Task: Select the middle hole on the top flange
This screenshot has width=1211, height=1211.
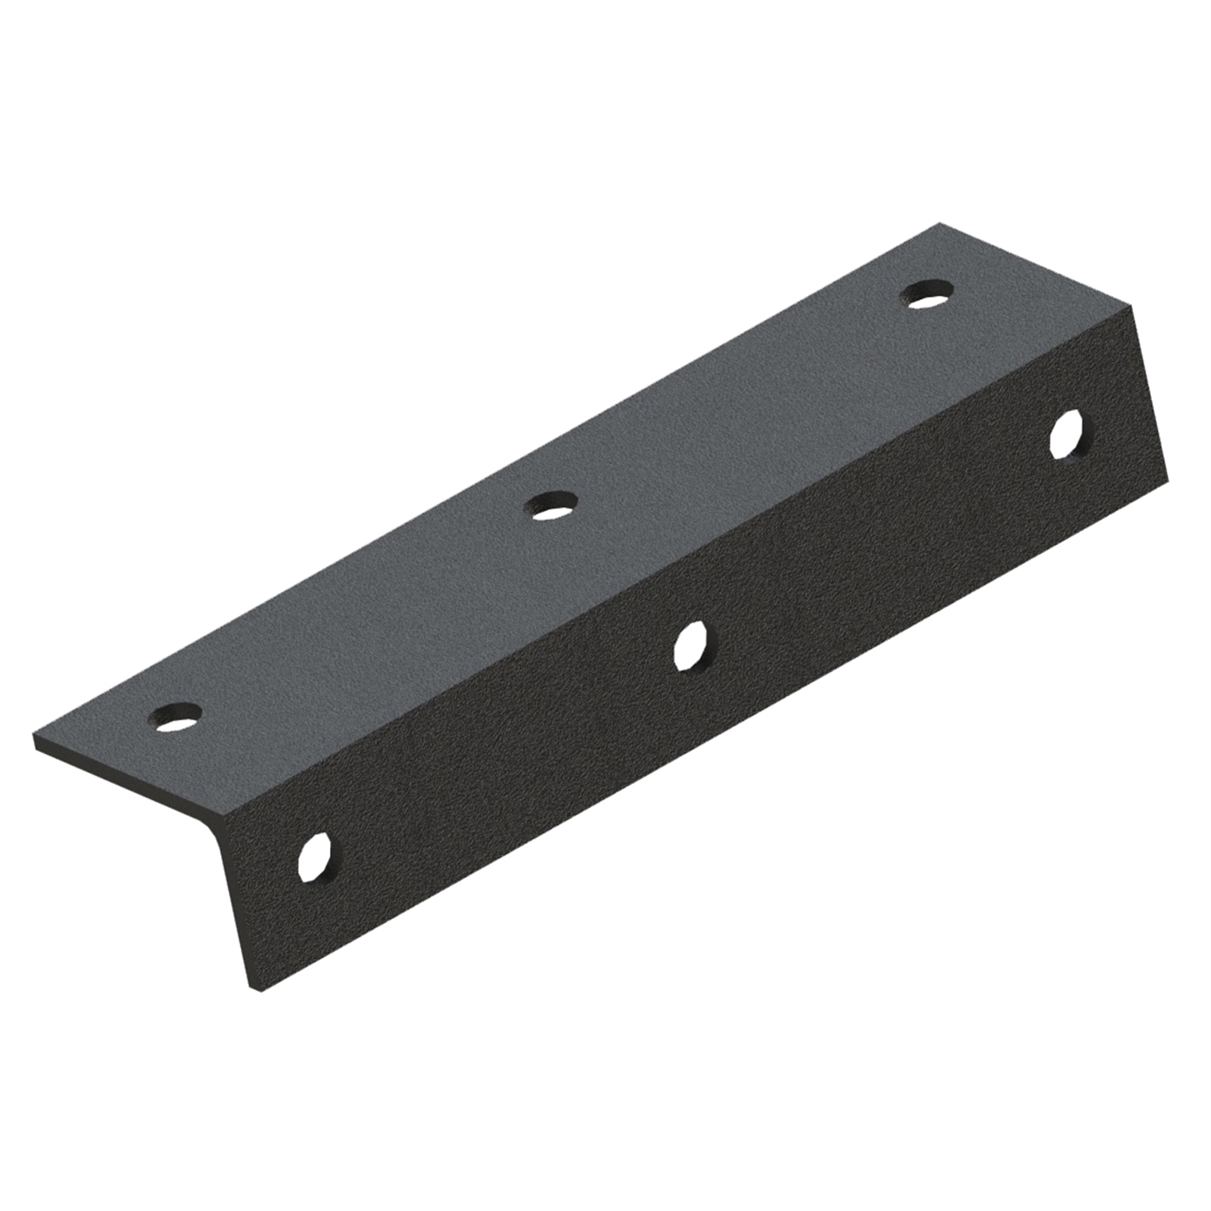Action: (x=551, y=506)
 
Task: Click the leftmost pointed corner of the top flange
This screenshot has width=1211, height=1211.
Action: (x=35, y=736)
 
